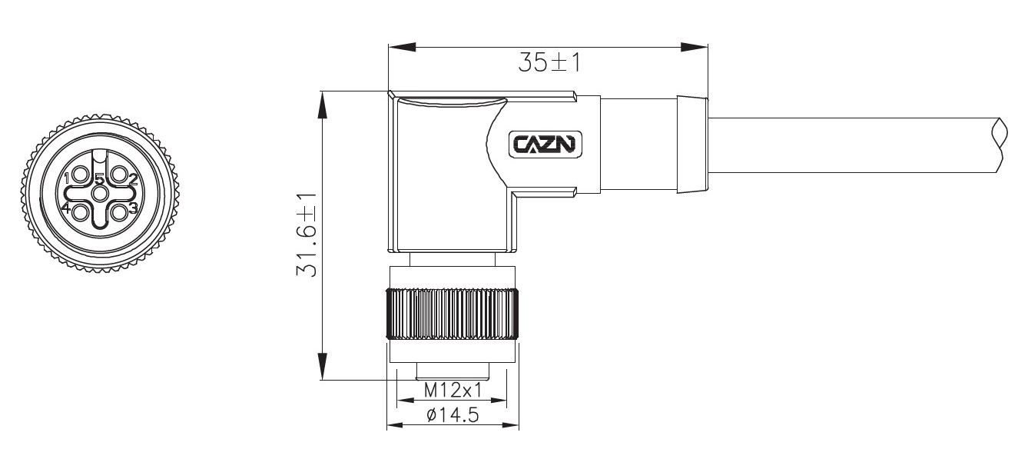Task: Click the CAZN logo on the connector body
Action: tap(546, 144)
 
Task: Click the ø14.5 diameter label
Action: tap(453, 416)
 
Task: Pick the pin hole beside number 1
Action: tap(81, 176)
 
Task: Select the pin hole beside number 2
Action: tap(118, 176)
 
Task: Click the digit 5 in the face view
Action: tap(99, 180)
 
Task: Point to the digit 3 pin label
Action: tap(133, 208)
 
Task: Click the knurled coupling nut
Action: tap(453, 314)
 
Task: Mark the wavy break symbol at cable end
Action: tap(998, 145)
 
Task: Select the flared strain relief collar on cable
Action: tap(691, 145)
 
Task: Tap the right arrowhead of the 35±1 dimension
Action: tap(695, 48)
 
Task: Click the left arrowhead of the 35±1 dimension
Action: tap(401, 48)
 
